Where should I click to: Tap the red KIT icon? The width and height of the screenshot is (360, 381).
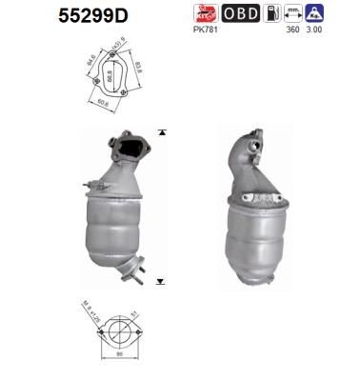[x=204, y=13]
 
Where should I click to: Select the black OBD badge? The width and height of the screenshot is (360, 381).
[x=238, y=13]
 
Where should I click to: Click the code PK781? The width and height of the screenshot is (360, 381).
[x=204, y=30]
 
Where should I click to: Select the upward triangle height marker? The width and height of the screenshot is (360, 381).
[x=162, y=131]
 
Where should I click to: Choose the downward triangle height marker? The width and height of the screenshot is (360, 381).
[x=162, y=283]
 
